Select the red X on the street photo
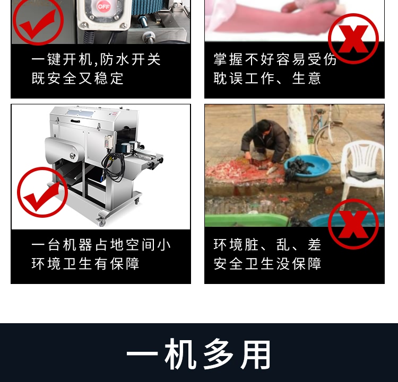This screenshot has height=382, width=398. click(x=353, y=224)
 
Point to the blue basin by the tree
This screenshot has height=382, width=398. click(x=307, y=168)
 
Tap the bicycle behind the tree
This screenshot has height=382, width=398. click(x=330, y=130)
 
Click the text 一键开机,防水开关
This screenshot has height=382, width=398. click(x=96, y=59)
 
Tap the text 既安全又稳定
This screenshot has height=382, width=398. click(x=77, y=78)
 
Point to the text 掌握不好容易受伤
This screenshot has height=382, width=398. click(x=275, y=59)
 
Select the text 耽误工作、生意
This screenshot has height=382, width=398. click(x=267, y=78)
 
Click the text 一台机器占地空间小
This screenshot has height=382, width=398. click(x=101, y=245)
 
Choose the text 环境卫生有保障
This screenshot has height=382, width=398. click(x=85, y=263)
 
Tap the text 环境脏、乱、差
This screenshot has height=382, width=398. click(x=267, y=245)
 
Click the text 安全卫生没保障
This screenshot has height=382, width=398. click(x=267, y=263)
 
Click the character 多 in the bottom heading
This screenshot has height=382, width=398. click(x=219, y=354)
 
